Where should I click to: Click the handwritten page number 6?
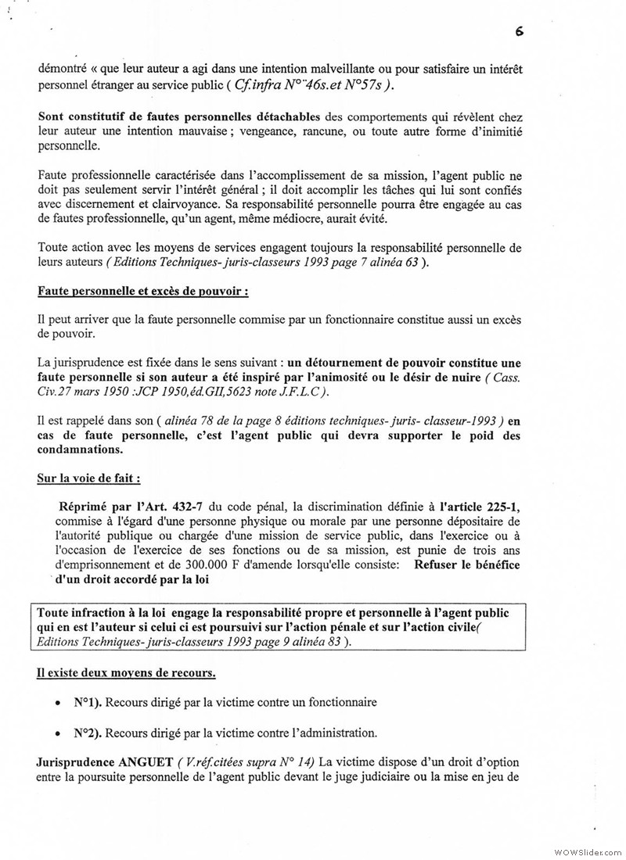coord(519,32)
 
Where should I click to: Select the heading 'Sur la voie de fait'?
coord(88,478)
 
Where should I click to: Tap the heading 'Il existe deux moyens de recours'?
coord(127,672)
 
